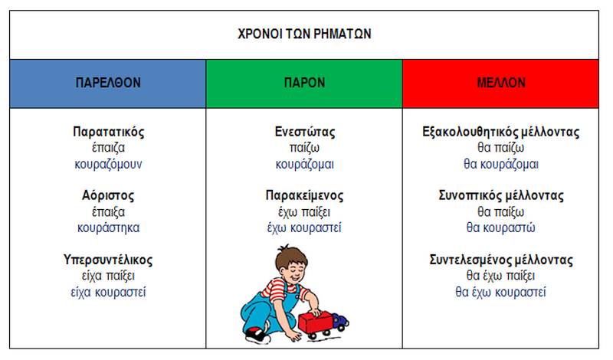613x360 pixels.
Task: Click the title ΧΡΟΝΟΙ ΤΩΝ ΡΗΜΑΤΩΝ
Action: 304,34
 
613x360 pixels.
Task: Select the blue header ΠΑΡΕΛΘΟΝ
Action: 108,83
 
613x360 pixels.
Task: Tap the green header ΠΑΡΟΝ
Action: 304,83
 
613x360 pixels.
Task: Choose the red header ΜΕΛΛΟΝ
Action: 501,83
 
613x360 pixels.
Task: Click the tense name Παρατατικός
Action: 108,132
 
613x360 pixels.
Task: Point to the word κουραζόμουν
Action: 108,164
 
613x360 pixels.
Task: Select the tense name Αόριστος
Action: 108,195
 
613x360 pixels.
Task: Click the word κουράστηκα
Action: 108,228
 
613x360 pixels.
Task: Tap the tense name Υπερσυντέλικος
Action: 108,260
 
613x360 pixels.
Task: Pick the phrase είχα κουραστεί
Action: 108,292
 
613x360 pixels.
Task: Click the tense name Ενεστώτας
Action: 304,132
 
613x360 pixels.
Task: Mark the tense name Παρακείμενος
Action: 304,195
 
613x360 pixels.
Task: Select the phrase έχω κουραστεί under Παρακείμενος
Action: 304,228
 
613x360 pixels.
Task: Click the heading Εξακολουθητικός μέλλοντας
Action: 501,132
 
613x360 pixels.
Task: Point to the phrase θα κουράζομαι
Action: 501,164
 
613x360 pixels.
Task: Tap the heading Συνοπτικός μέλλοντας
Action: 501,195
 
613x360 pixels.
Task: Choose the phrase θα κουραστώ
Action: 501,228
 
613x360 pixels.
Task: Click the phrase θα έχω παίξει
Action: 501,276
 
